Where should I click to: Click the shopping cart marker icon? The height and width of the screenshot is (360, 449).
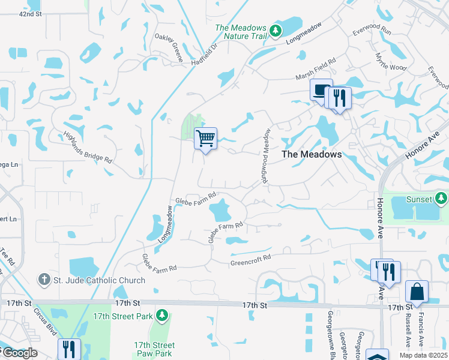pos(205,139)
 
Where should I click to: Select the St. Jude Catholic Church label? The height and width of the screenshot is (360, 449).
pos(99,280)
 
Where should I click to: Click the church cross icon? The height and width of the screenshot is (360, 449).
pos(44,280)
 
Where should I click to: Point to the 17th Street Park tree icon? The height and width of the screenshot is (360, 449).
pos(161,315)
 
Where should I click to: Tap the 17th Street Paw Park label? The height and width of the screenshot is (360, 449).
pos(154,350)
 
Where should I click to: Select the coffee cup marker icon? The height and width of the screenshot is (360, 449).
pos(321,91)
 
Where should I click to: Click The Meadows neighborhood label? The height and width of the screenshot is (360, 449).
pos(312,154)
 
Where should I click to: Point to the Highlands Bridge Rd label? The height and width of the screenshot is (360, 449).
pos(88,148)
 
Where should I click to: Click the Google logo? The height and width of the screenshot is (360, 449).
pos(19,353)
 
